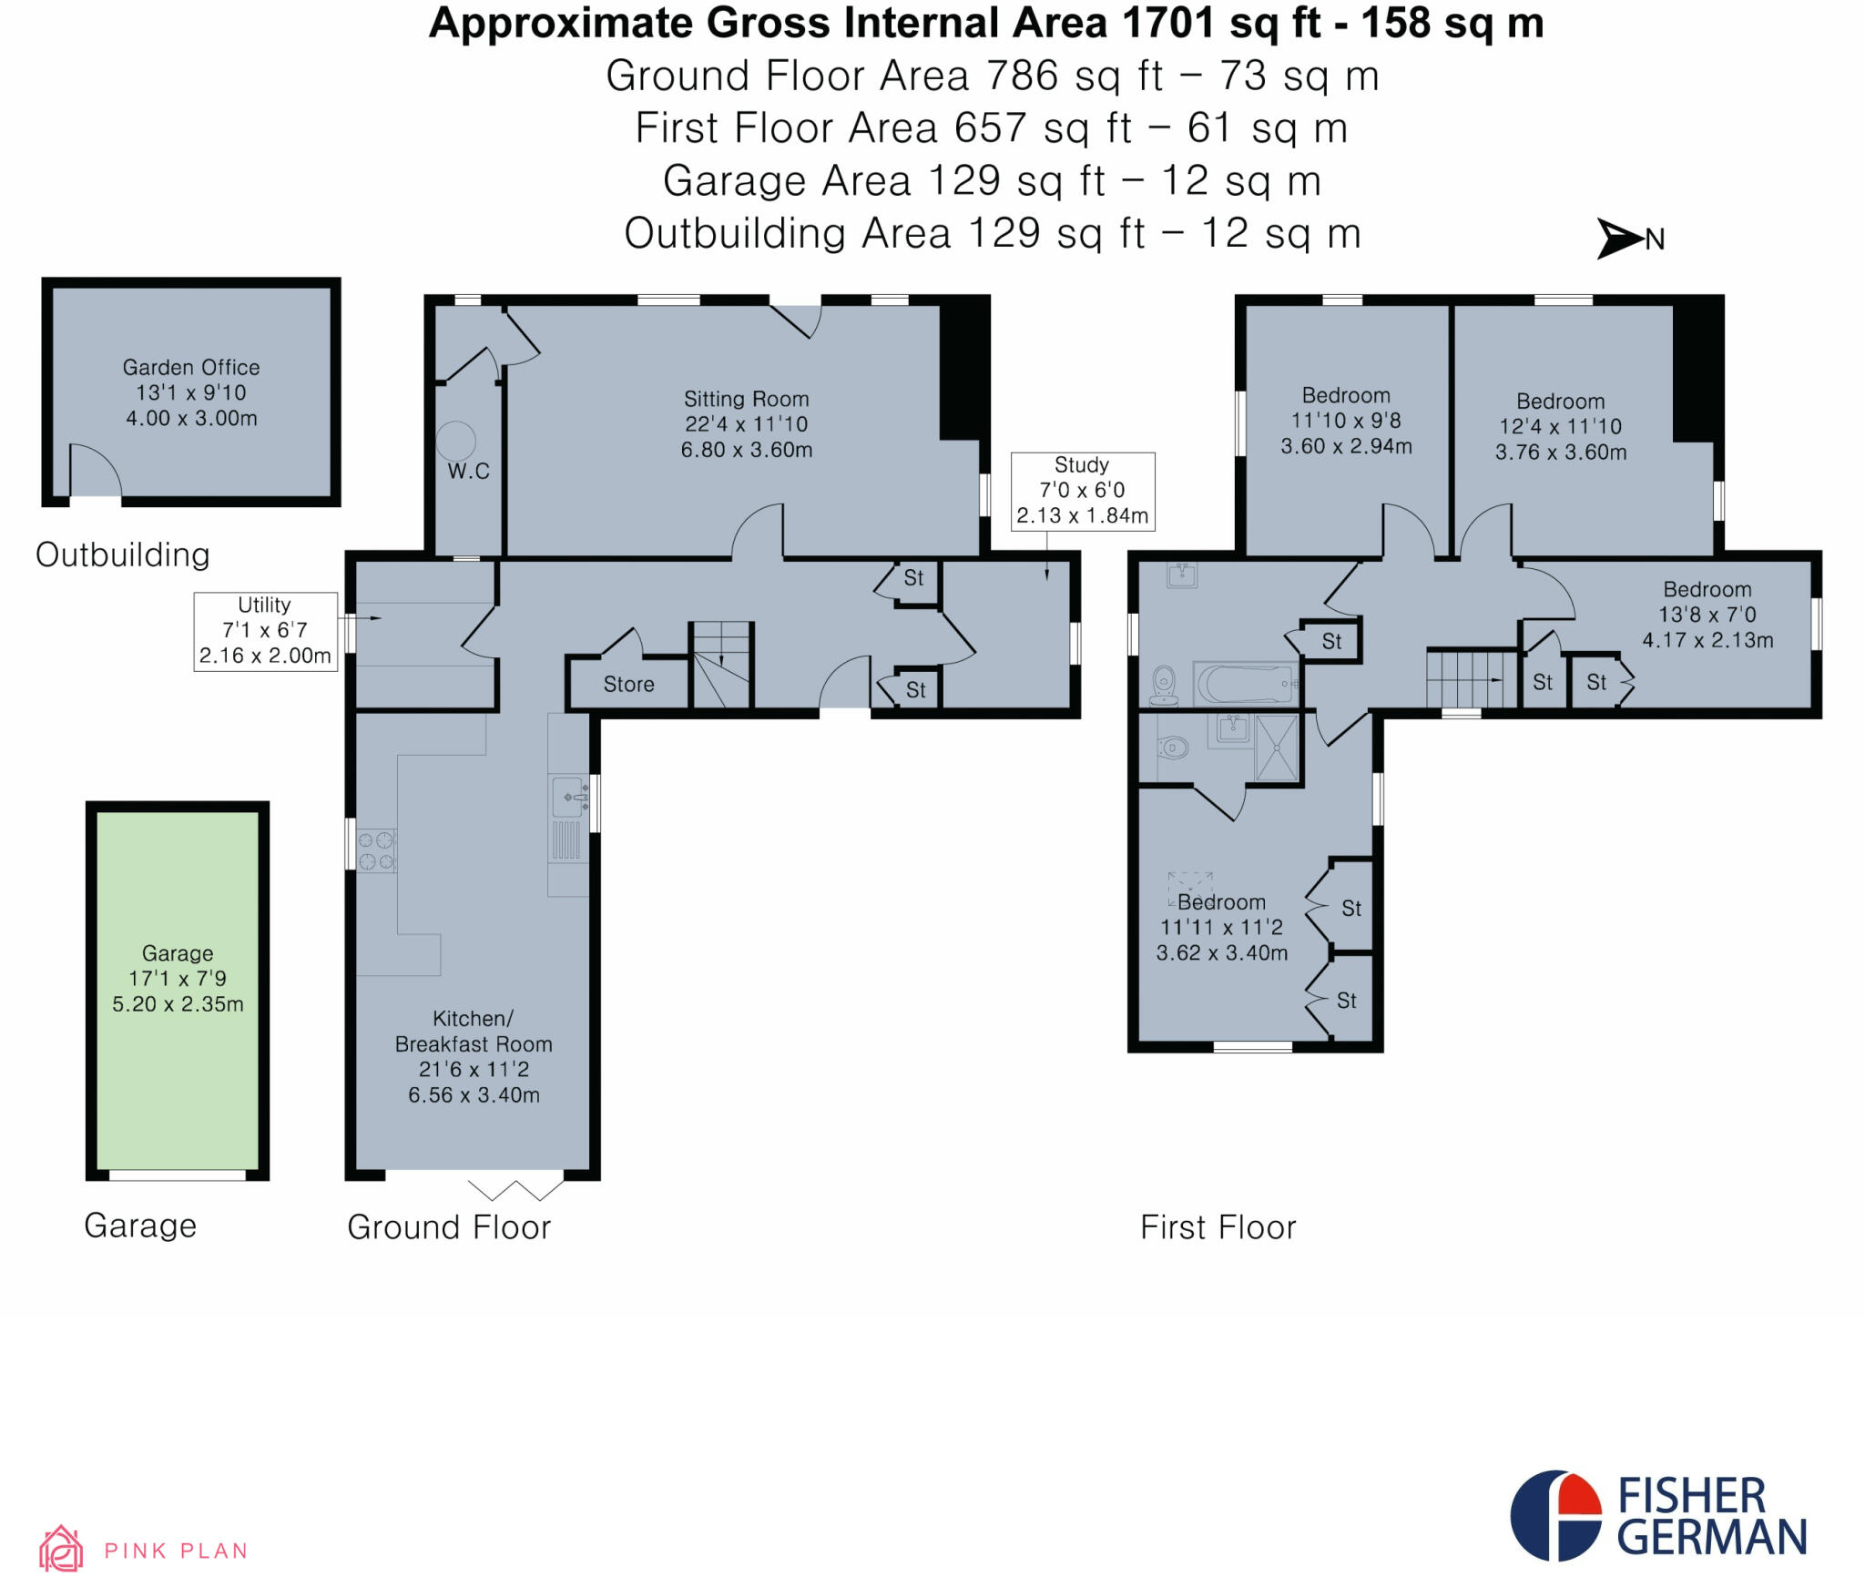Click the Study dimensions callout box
(x=1082, y=491)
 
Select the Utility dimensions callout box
(x=265, y=631)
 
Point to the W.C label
(x=468, y=471)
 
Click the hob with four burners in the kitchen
(x=376, y=850)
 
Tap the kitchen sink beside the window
(x=569, y=798)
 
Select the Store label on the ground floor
(x=628, y=685)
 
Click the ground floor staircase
(x=721, y=664)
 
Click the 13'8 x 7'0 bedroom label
(x=1707, y=615)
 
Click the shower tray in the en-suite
(x=1278, y=748)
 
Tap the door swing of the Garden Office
(x=95, y=470)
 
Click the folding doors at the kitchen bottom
(x=515, y=1189)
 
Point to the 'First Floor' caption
(x=1218, y=1227)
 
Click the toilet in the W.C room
(x=455, y=441)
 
